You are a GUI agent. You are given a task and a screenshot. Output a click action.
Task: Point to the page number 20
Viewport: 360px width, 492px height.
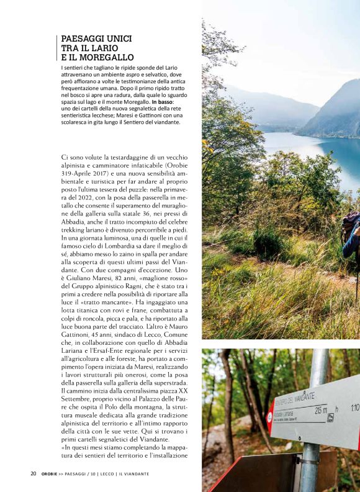34,473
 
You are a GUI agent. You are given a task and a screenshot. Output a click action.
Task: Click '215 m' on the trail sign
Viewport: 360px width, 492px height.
321,410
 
